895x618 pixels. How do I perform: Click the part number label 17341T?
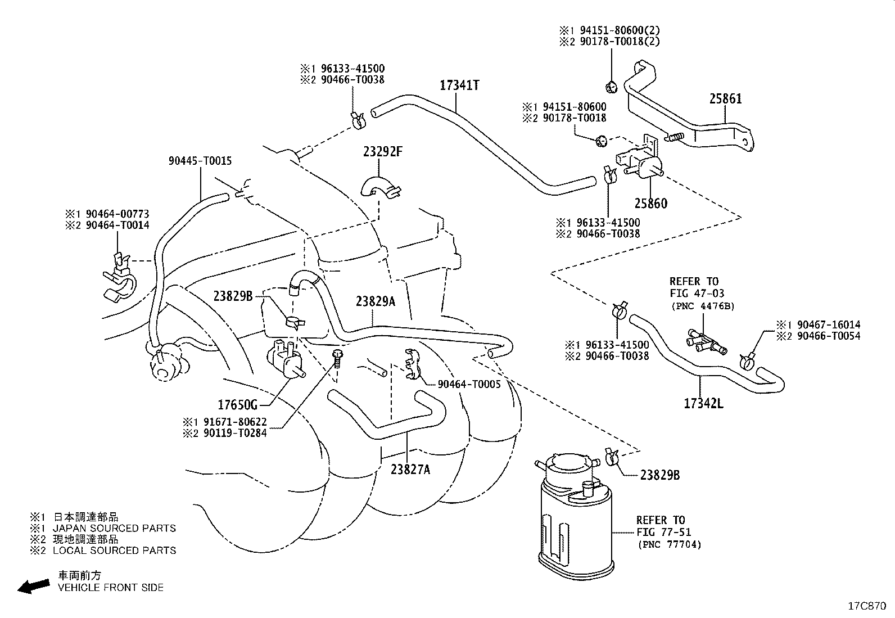459,85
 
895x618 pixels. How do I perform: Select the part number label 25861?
726,99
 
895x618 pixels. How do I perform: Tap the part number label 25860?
651,203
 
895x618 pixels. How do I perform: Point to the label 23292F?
383,151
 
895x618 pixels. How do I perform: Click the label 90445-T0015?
200,161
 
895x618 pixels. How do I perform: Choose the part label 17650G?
238,405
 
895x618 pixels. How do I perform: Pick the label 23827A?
410,470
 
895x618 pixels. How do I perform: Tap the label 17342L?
704,403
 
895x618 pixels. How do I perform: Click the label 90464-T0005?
469,384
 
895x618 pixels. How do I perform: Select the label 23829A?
376,301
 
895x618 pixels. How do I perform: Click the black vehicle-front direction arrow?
34,586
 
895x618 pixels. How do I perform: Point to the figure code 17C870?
867,606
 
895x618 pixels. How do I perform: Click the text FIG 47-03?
697,294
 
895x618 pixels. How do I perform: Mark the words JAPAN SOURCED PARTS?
114,528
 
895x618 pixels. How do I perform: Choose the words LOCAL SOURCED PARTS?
114,551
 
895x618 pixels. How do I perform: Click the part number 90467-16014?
829,324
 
